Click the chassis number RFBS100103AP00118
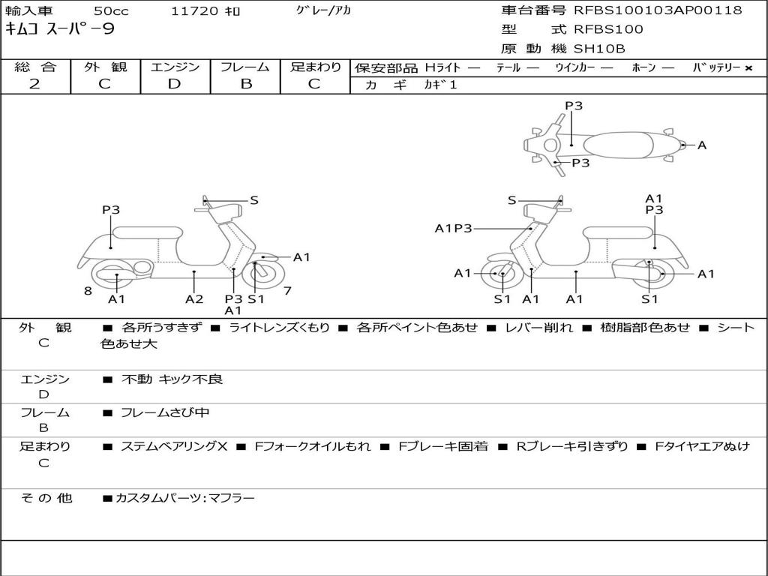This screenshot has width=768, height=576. tap(658, 10)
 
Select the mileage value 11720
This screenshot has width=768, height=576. tap(194, 11)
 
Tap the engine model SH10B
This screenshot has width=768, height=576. tap(599, 49)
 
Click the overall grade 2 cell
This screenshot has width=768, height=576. tap(35, 84)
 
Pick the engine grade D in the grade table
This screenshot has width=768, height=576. tap(175, 84)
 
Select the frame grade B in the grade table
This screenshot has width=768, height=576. tap(246, 84)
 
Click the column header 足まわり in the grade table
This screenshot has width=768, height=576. tap(315, 67)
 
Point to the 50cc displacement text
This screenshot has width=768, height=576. tap(110, 11)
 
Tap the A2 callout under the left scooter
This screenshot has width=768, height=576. tap(194, 299)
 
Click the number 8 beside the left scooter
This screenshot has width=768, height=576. tap(88, 291)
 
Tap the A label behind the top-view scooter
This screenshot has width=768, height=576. tap(702, 145)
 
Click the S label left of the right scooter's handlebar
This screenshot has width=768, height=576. tap(511, 200)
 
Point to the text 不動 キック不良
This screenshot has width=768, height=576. tap(172, 379)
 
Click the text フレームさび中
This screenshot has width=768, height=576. tap(165, 412)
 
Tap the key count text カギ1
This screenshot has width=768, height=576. tap(440, 85)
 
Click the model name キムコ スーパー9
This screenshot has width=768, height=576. tap(60, 29)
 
